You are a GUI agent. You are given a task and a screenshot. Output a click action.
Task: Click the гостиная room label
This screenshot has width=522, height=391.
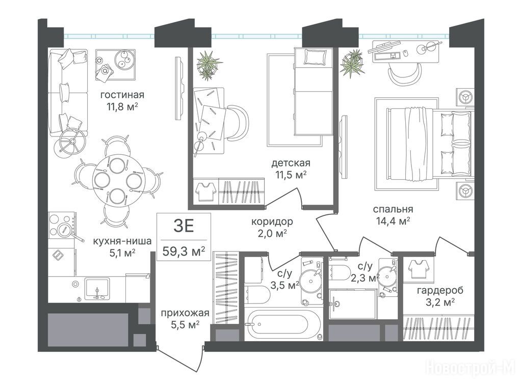pos(122,95)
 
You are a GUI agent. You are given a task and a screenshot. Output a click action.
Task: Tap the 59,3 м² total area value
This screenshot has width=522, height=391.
pos(184,251)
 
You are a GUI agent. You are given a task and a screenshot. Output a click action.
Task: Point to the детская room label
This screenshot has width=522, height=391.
pos(291,163)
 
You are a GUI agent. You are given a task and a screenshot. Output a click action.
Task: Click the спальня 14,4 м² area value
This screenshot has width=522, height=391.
pos(393,221)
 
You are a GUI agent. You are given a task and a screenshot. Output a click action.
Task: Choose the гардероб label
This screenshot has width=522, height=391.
pos(440,290)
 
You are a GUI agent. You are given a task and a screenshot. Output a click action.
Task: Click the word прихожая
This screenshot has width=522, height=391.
pos(185,313)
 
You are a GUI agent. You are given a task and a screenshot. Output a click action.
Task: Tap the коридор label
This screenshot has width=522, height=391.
pos(272,221)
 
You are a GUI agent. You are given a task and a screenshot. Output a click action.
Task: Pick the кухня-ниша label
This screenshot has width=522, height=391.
pos(122,241)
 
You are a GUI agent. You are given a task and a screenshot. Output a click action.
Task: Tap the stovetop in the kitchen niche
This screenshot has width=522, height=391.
pos(62,225)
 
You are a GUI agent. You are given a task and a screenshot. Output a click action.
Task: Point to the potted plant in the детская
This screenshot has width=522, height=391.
pos(208,65)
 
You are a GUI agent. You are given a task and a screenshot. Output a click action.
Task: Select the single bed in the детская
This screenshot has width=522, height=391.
pos(314,92)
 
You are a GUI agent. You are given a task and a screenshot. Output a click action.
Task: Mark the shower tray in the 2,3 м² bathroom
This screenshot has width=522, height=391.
pos(353,304)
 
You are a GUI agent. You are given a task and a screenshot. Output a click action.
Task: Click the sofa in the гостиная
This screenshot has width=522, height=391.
pos(68,93)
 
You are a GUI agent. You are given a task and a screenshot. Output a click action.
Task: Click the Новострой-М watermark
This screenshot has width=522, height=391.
pos(471,369)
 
